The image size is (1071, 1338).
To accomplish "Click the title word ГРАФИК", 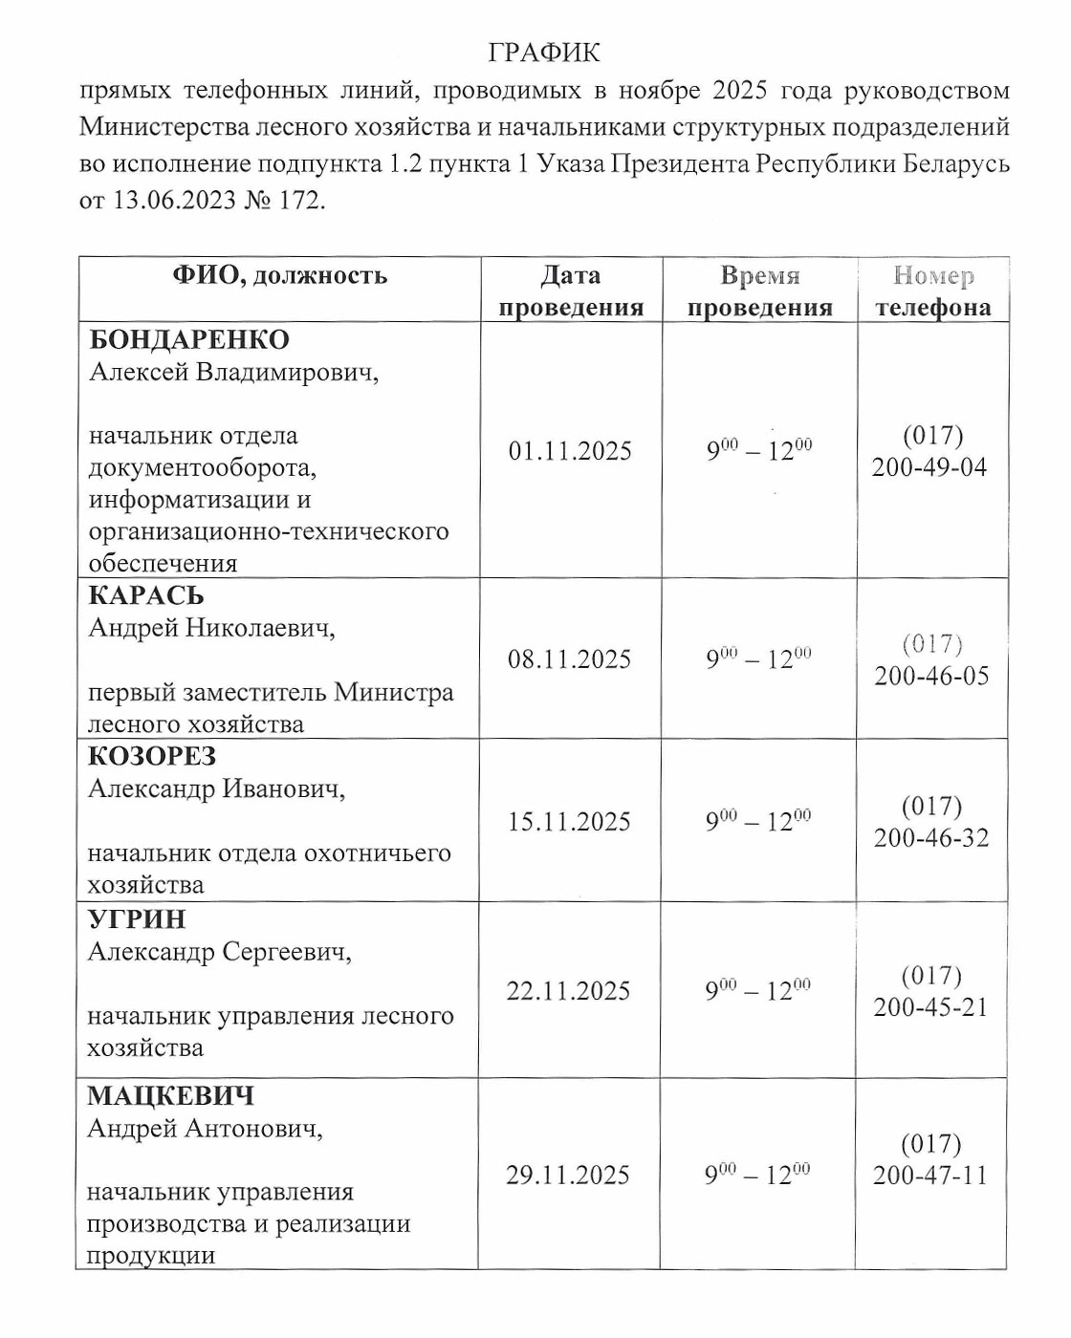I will pyautogui.click(x=544, y=53).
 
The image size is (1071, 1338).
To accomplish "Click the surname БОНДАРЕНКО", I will pyautogui.click(x=189, y=340).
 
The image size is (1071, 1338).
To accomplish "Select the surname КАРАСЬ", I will pyautogui.click(x=146, y=595).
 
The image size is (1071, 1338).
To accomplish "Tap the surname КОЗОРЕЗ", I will pyautogui.click(x=152, y=756).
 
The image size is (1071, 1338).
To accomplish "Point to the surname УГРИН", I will pyautogui.click(x=137, y=919).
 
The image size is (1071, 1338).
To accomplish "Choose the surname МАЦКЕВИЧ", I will pyautogui.click(x=171, y=1095).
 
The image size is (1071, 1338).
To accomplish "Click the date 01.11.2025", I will pyautogui.click(x=570, y=451).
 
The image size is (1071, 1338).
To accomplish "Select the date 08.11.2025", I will pyautogui.click(x=569, y=659).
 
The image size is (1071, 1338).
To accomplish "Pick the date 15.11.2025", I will pyautogui.click(x=569, y=822).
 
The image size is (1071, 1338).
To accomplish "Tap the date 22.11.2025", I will pyautogui.click(x=568, y=991).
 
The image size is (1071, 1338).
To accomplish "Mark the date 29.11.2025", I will pyautogui.click(x=568, y=1176).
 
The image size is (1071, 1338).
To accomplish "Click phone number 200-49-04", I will pyautogui.click(x=929, y=467).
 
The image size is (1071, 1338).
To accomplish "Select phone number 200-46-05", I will pyautogui.click(x=931, y=676).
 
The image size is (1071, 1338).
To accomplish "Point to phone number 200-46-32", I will pyautogui.click(x=931, y=838).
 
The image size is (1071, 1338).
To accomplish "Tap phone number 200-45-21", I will pyautogui.click(x=930, y=1007).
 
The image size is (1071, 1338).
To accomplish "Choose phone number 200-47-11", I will pyautogui.click(x=930, y=1176).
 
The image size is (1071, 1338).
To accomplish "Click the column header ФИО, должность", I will pyautogui.click(x=280, y=276).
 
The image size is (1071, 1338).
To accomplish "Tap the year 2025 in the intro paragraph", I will pyautogui.click(x=740, y=91).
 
